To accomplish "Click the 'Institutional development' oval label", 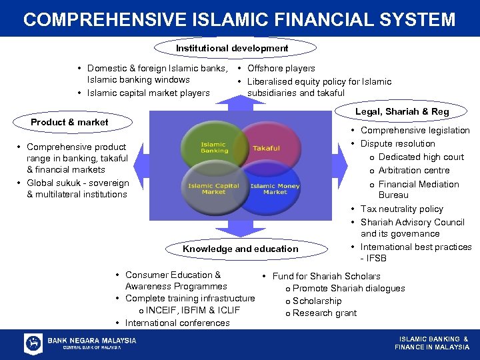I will (x=232, y=48).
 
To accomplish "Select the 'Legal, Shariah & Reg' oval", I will (x=402, y=111).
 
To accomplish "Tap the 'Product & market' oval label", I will (x=69, y=122).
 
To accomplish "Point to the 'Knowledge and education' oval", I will (x=241, y=249).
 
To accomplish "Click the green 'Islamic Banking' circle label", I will (x=214, y=147).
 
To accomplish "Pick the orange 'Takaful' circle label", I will (x=266, y=148).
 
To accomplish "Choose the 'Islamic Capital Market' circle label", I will (x=213, y=189).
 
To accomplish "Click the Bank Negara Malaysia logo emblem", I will (x=33, y=344).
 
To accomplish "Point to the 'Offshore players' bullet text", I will (x=281, y=68).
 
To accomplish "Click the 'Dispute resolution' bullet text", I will (x=397, y=143).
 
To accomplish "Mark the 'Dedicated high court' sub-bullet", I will (x=421, y=157).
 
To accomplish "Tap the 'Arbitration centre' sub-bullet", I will (x=414, y=170).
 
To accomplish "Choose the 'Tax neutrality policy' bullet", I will (x=401, y=209).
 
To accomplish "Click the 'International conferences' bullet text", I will (x=177, y=323).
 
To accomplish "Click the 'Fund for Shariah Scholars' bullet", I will (x=326, y=276).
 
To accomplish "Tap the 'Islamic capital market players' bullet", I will (x=149, y=93).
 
